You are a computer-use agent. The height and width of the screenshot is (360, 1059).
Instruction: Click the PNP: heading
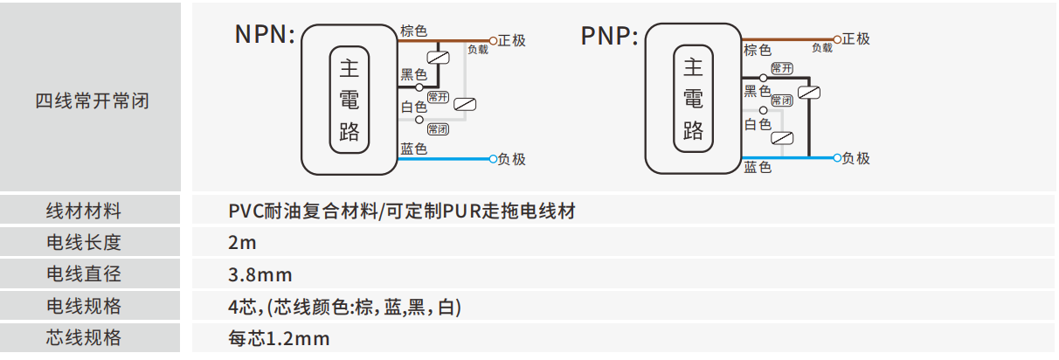pyautogui.click(x=609, y=36)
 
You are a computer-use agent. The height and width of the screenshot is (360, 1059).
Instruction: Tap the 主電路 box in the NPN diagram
pyautogui.click(x=350, y=100)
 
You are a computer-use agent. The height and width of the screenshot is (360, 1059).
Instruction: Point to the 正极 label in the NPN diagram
pyautogui.click(x=513, y=40)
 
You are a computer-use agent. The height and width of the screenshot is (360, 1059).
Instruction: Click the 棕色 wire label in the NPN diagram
pyautogui.click(x=413, y=31)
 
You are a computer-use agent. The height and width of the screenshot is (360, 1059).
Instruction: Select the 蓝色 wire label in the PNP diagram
pyautogui.click(x=758, y=168)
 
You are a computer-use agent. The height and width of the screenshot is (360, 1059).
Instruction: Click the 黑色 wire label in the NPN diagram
pyautogui.click(x=413, y=75)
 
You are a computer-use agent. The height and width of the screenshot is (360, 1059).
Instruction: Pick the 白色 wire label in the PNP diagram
pyautogui.click(x=758, y=125)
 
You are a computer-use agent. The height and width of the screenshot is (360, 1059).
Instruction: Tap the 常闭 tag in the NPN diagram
pyautogui.click(x=438, y=129)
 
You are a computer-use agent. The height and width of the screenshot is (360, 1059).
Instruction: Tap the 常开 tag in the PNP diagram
pyautogui.click(x=782, y=69)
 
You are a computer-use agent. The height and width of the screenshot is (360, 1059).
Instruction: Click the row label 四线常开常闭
pyautogui.click(x=92, y=100)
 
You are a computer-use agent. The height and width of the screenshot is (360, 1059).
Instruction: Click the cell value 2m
pyautogui.click(x=242, y=243)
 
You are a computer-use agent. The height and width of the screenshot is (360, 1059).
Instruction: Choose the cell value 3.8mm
pyautogui.click(x=260, y=274)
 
